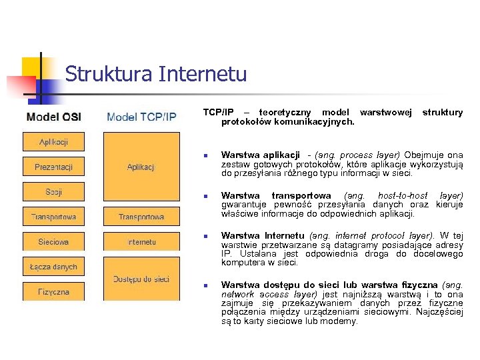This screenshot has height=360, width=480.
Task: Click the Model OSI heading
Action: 54,117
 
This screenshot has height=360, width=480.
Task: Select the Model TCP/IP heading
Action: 141,117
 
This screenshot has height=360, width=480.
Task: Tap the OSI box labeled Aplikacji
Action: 53,142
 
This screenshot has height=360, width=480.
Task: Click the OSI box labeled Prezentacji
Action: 53,167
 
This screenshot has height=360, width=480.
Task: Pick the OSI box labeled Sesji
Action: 53,192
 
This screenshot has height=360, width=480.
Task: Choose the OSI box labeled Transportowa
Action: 53,217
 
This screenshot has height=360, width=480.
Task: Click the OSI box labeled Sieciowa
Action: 53,242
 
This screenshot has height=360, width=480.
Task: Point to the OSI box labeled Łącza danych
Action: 53,267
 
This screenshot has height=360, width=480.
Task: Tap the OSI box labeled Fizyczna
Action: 53,291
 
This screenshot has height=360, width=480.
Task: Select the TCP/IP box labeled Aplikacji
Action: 141,167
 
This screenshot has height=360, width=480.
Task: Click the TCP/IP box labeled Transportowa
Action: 141,217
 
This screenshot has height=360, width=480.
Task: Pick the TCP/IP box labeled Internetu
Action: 141,242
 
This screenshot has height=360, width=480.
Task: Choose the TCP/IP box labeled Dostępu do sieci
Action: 141,279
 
